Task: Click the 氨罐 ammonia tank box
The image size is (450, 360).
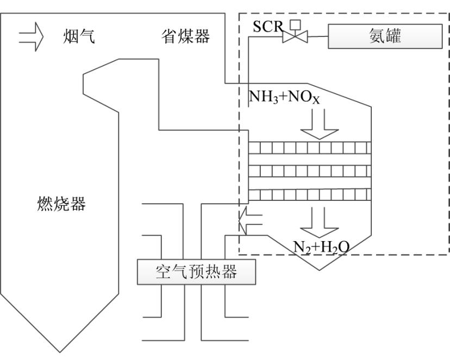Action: tap(385, 37)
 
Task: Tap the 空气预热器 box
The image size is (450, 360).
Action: tap(196, 272)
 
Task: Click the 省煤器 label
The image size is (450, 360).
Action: tap(185, 37)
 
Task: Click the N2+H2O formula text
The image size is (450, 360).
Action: tap(321, 247)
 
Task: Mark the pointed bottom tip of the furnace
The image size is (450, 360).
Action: tap(60, 352)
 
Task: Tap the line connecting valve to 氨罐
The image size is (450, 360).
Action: tap(318, 37)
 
